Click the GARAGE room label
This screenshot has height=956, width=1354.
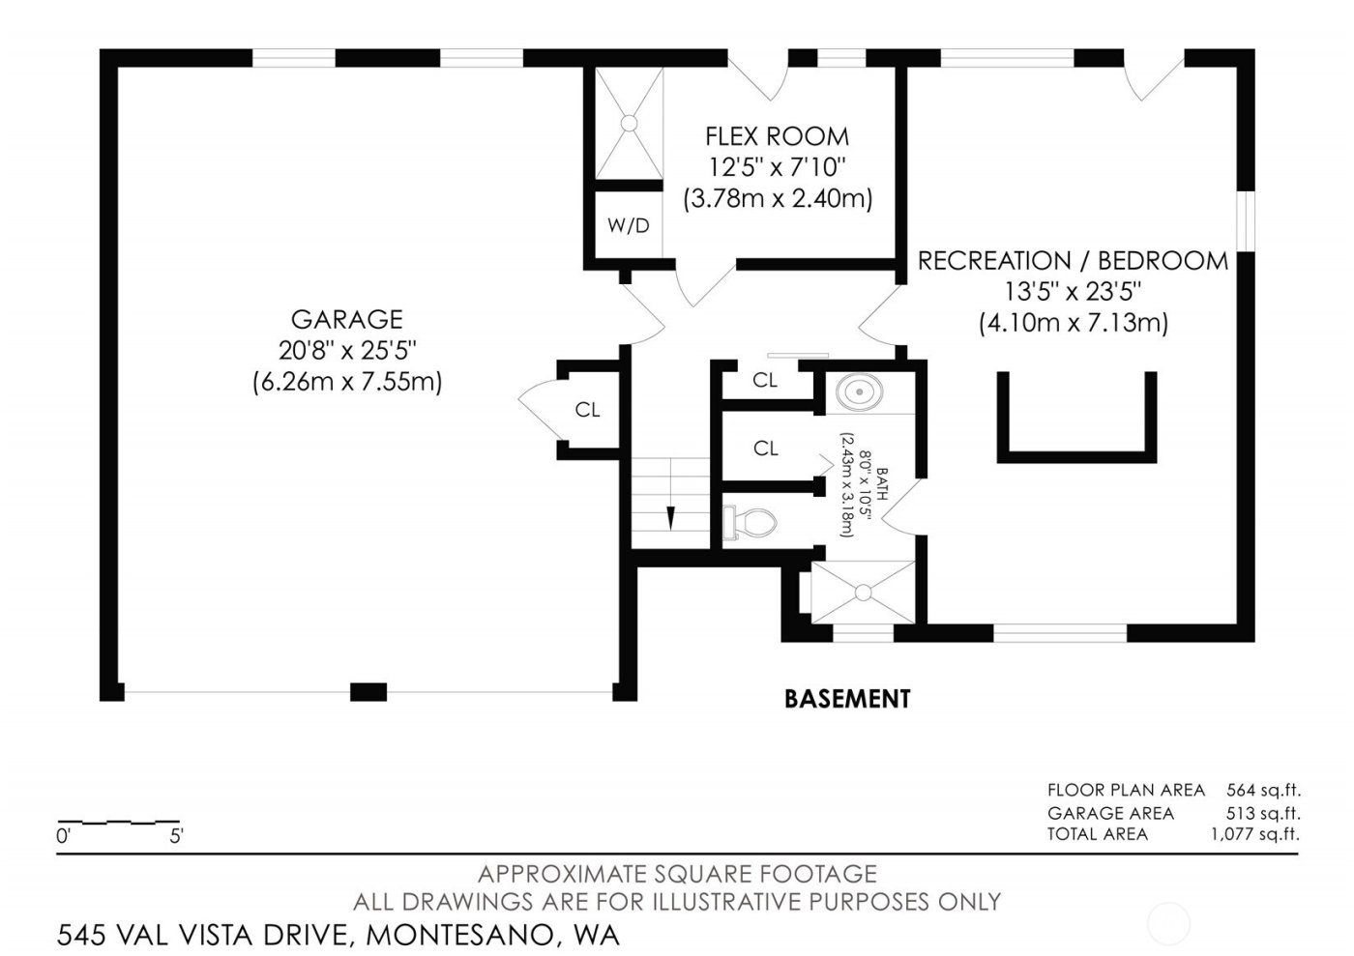[x=346, y=319]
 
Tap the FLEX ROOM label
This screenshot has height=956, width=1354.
[x=777, y=136]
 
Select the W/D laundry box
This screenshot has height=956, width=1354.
[x=628, y=226]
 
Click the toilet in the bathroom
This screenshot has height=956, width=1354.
[x=751, y=523]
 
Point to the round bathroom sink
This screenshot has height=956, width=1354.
[x=858, y=392]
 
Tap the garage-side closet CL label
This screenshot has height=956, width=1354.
[x=587, y=410]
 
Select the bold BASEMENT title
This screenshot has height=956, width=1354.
[x=847, y=698]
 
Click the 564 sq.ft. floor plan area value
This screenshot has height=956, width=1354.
[x=1263, y=790]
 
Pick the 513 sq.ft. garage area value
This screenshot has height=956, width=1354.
[x=1263, y=813]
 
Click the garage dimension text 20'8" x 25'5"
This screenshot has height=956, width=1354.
[x=346, y=350]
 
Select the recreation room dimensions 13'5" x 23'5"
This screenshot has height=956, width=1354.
[x=1073, y=291]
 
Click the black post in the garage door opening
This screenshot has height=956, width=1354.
[x=368, y=691]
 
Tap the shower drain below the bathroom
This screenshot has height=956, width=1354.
[x=863, y=592]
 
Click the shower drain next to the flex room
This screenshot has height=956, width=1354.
[x=628, y=123]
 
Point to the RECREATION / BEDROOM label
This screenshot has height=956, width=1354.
[x=1073, y=261]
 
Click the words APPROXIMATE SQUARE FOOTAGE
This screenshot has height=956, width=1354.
[x=677, y=875]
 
